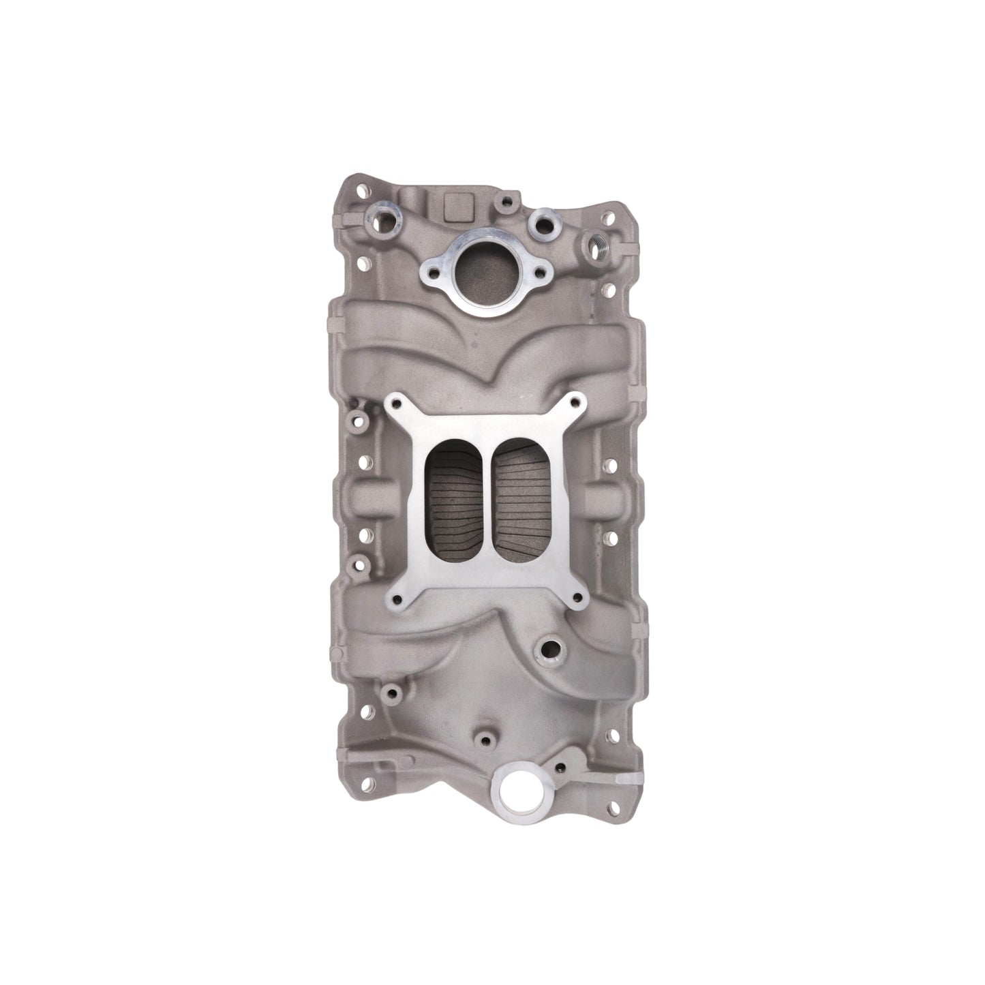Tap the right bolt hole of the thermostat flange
540,273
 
